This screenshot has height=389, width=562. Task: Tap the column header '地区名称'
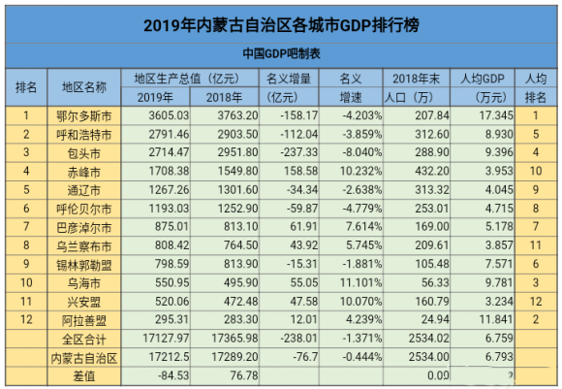84,87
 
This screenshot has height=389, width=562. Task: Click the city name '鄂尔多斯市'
84,114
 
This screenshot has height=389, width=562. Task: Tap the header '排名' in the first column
27,87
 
